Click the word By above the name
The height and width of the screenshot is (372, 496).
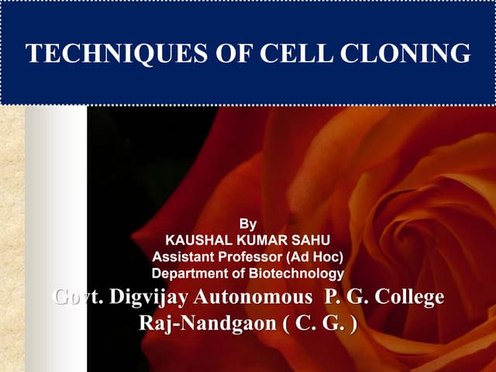pos(248,224)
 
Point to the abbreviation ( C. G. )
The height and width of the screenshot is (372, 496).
pos(320,322)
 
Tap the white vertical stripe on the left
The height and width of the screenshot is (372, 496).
pos(55,232)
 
